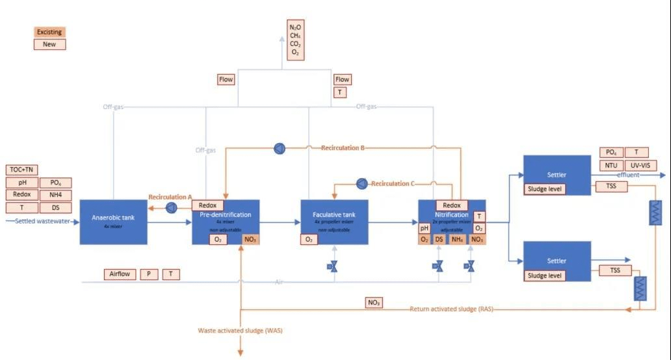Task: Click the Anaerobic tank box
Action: click(x=113, y=222)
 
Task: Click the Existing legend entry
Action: click(x=49, y=32)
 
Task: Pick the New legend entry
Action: click(x=49, y=45)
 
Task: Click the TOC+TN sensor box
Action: click(x=21, y=170)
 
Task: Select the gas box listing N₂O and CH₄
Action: click(x=295, y=40)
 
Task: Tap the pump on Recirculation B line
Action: click(x=279, y=148)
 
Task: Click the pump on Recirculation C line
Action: click(x=362, y=184)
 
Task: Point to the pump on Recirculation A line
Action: click(x=171, y=207)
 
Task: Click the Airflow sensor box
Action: click(x=120, y=274)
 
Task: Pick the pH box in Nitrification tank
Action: click(x=424, y=228)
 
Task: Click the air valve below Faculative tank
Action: click(x=334, y=266)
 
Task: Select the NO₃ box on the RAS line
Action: click(x=374, y=302)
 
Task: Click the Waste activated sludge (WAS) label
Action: click(x=241, y=331)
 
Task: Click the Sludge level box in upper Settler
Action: click(x=545, y=189)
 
